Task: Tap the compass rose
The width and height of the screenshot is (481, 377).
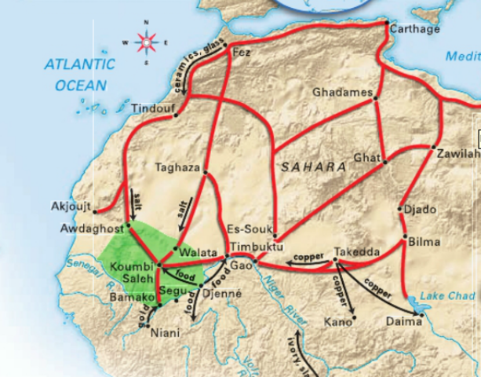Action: [x=146, y=41]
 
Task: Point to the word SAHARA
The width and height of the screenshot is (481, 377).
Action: [x=315, y=167]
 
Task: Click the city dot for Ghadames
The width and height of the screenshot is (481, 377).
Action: [x=376, y=98]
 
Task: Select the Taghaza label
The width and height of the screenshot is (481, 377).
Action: [x=177, y=167]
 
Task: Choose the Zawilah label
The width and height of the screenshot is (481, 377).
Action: [x=457, y=154]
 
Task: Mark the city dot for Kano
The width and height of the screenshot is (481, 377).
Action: [x=354, y=318]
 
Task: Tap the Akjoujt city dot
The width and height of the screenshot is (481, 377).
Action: [x=95, y=210]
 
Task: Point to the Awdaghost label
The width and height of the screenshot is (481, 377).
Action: [x=92, y=229]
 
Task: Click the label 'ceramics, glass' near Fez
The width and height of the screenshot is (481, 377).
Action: [x=192, y=66]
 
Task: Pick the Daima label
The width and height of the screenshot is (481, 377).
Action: [x=400, y=321]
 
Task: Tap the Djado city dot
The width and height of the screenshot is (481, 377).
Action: [x=400, y=209]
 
